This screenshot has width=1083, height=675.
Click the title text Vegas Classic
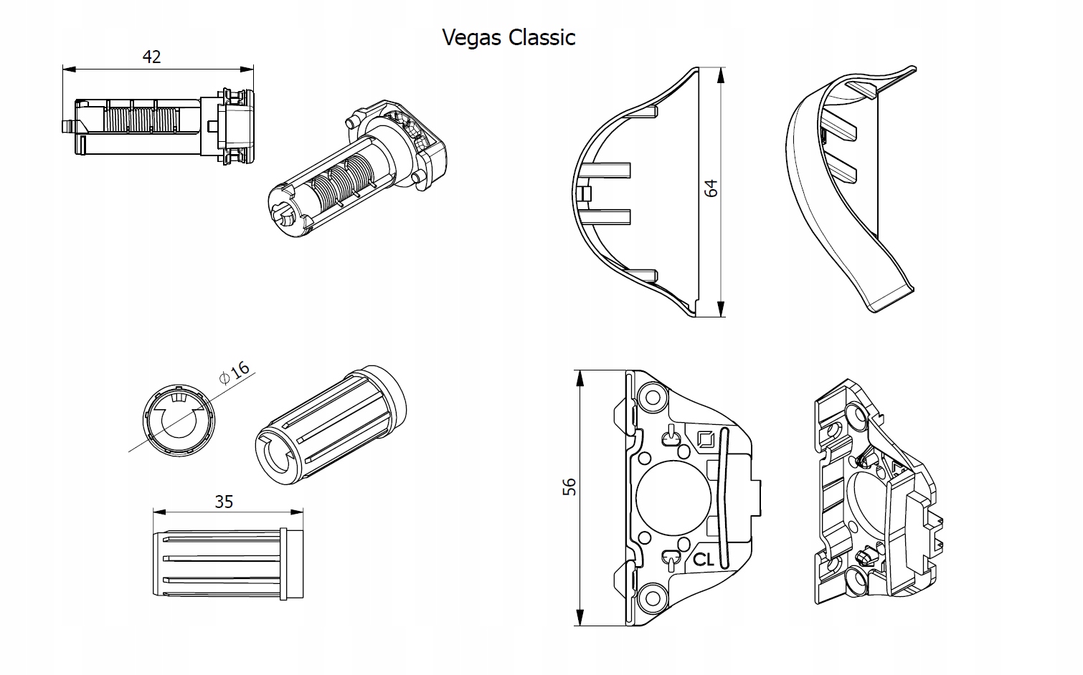coord(509,37)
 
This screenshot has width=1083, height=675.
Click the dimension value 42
coord(151,57)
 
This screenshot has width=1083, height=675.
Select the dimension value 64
coord(711,188)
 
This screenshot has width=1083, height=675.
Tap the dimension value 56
coord(569,487)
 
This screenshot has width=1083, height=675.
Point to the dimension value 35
coord(224,502)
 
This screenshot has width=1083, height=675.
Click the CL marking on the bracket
coord(704,560)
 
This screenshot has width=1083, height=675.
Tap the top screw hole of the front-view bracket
coord(652,396)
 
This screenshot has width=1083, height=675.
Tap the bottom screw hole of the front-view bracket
coord(652,598)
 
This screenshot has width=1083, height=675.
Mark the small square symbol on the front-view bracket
coord(705,439)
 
